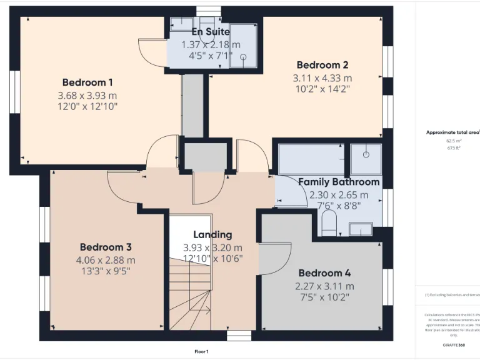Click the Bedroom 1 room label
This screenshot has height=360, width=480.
click(x=87, y=82)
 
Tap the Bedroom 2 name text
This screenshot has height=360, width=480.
click(x=322, y=65)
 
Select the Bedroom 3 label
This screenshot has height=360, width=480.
click(x=105, y=247)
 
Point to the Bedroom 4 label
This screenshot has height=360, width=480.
click(x=324, y=273)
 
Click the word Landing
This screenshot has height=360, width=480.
click(x=212, y=234)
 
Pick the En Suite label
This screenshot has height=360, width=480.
click(x=211, y=31)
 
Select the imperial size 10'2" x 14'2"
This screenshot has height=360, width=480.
click(x=322, y=89)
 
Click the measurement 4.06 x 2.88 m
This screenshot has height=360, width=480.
click(x=105, y=260)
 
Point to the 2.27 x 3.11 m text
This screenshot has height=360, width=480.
click(x=324, y=286)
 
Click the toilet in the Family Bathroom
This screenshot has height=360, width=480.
click(x=329, y=222)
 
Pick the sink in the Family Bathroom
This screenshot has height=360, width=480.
click(x=361, y=229)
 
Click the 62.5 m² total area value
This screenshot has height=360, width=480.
click(x=452, y=141)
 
